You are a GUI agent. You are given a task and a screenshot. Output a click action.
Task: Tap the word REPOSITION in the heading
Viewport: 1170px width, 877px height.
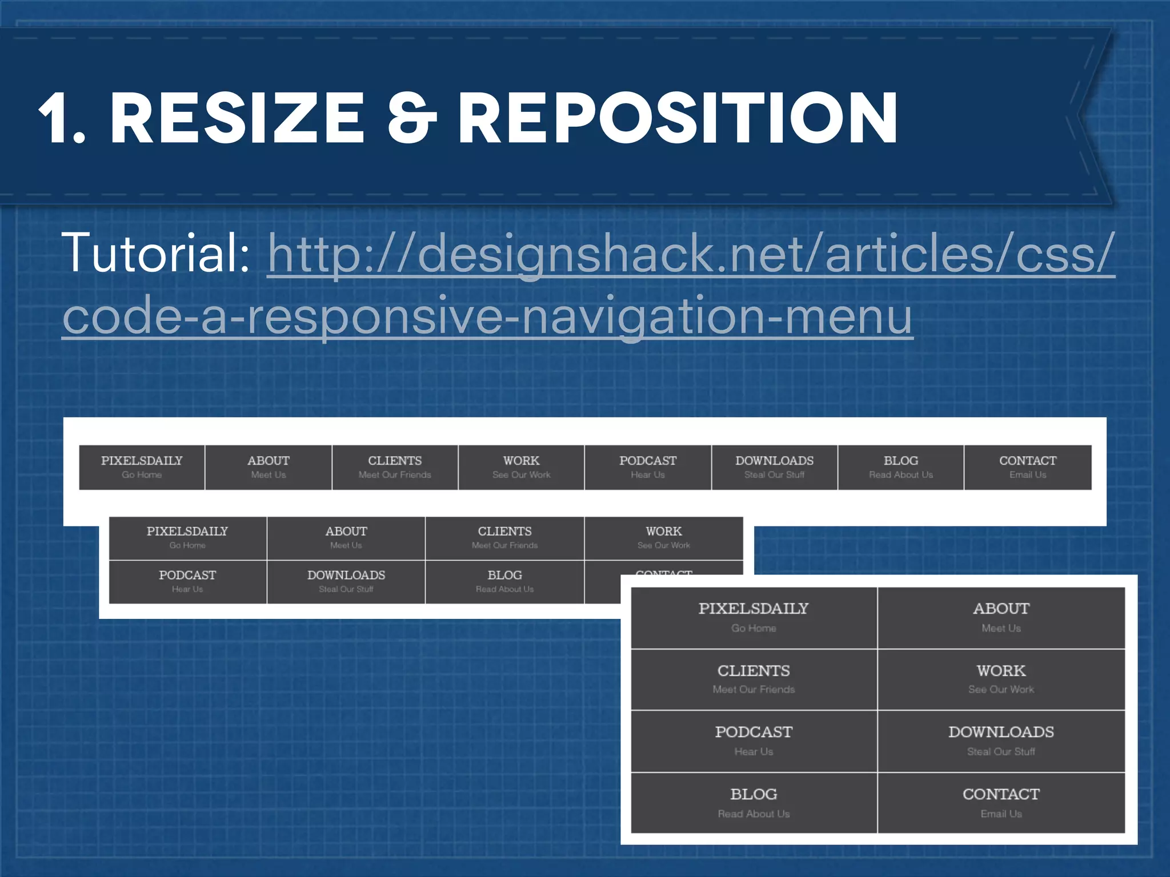click(x=678, y=118)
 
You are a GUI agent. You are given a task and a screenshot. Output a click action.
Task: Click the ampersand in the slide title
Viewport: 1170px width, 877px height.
click(x=411, y=118)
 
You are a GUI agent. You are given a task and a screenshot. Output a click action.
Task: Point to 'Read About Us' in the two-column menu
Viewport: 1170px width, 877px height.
click(x=754, y=814)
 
